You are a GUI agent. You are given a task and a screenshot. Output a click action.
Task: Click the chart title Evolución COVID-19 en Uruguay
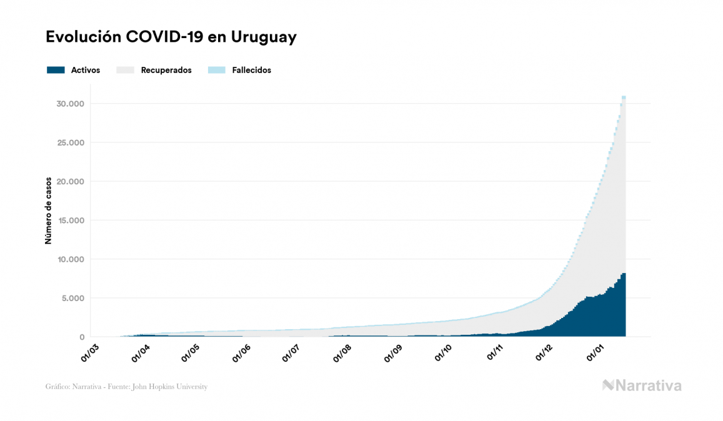point(171,37)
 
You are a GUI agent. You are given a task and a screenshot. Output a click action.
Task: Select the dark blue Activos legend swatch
point(56,70)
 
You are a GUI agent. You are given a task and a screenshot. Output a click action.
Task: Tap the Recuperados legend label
point(166,70)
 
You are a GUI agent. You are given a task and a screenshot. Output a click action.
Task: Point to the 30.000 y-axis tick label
point(70,104)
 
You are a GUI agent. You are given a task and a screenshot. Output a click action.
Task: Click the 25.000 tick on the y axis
point(70,142)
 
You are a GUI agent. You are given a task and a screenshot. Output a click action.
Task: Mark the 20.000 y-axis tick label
point(70,182)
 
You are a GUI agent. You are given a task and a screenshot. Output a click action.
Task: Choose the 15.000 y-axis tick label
point(70,220)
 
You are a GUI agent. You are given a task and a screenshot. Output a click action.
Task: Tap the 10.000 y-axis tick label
point(70,259)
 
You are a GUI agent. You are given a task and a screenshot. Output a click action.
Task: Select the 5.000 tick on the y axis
point(72,299)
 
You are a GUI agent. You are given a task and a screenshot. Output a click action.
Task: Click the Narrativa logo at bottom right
point(642,385)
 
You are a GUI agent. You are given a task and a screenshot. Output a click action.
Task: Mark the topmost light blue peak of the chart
point(624,97)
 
